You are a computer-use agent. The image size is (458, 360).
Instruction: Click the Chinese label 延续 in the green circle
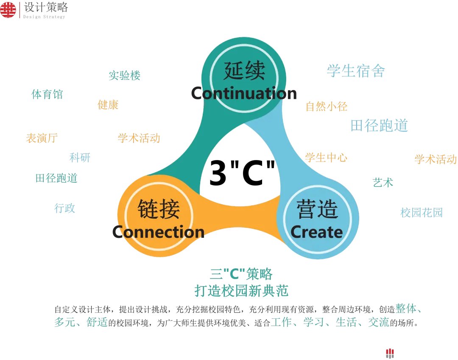coord(244,70)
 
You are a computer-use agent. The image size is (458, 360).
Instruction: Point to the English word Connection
coord(159,232)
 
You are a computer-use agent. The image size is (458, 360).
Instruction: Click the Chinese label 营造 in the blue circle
coord(317,209)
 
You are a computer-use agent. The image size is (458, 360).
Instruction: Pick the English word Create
coord(317,232)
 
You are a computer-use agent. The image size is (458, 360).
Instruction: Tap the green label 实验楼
coord(125,76)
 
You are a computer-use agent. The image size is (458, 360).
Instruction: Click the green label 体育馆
coord(47,94)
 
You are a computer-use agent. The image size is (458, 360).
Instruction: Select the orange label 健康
coord(108,105)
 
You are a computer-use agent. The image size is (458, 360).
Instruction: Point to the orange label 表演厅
coord(42,138)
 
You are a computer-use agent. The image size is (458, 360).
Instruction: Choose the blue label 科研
coord(80,157)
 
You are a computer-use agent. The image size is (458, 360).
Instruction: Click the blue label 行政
coord(66,208)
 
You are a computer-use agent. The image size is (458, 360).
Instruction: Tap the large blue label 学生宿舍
coord(356,70)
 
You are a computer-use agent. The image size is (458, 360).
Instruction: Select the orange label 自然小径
coord(327,106)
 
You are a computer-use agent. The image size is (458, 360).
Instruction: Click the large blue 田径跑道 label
coord(380,125)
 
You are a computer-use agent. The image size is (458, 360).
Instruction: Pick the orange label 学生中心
coord(327,158)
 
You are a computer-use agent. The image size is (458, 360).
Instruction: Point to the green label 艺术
coord(383,183)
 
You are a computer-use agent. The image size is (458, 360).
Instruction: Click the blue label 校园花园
coord(422,212)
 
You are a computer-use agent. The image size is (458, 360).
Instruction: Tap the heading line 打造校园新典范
coord(241,291)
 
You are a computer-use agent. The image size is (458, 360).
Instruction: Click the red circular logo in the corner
coord(8,9)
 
